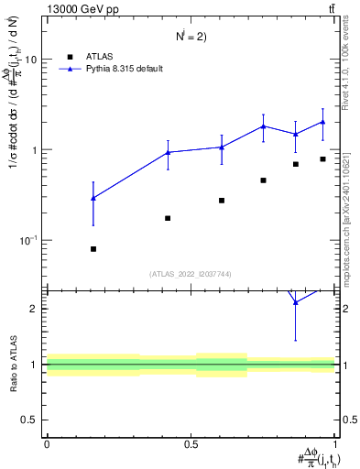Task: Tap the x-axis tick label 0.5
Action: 191,444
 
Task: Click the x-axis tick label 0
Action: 47,444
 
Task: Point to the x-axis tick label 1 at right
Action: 335,444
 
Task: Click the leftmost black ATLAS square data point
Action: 93,249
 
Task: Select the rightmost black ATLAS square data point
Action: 322,159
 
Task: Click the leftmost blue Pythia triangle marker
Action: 93,198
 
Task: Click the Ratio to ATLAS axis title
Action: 13,365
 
